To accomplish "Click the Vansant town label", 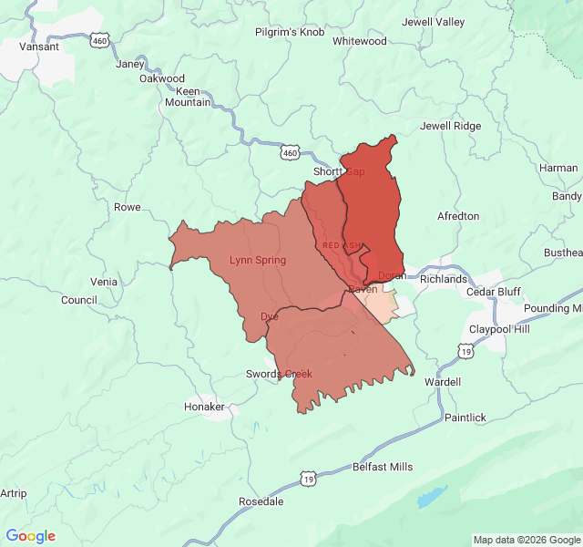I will pyautogui.click(x=39, y=46).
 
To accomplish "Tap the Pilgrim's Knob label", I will pyautogui.click(x=289, y=33).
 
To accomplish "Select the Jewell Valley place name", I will pyautogui.click(x=434, y=22).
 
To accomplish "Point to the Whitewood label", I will pyautogui.click(x=360, y=41).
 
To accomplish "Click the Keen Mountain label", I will pyautogui.click(x=188, y=98).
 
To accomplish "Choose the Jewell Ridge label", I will pyautogui.click(x=450, y=126).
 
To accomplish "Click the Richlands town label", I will pyautogui.click(x=444, y=279).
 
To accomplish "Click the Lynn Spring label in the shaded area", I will pyautogui.click(x=257, y=261).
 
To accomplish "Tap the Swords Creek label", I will pyautogui.click(x=279, y=374).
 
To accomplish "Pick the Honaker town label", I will pyautogui.click(x=204, y=407).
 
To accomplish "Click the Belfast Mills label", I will pyautogui.click(x=383, y=467).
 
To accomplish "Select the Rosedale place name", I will pyautogui.click(x=261, y=501).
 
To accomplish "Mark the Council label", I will pyautogui.click(x=78, y=300).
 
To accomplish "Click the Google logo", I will pyautogui.click(x=31, y=536).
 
